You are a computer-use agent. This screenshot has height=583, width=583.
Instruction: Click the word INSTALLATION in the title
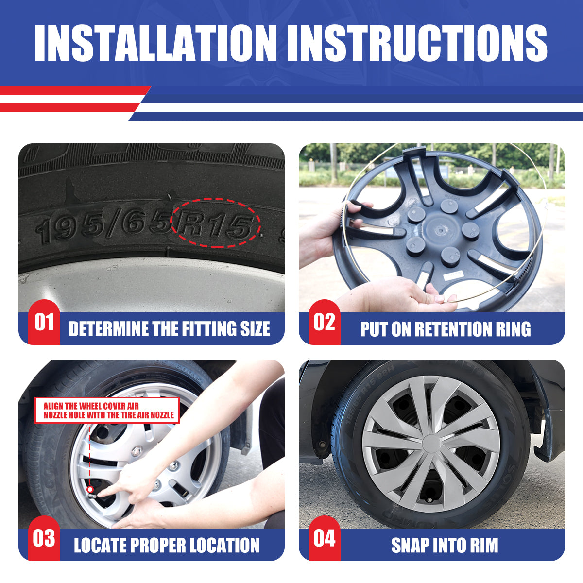[x=155, y=43]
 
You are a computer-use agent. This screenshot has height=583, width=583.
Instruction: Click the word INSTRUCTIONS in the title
[x=417, y=43]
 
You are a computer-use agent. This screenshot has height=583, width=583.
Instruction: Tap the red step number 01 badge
[x=44, y=322]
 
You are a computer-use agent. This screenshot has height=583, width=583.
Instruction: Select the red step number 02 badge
[x=325, y=322]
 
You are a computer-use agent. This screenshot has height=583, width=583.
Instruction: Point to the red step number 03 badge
[x=44, y=538]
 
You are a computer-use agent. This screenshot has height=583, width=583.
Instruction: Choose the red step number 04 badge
[x=325, y=538]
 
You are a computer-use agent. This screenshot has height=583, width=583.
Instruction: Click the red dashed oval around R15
[x=216, y=199]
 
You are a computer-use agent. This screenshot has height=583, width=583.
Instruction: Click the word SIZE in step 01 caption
[x=255, y=328]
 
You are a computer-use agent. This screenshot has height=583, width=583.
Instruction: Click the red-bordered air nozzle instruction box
[x=107, y=410]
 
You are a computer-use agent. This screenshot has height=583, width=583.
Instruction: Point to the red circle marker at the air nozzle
[x=90, y=489]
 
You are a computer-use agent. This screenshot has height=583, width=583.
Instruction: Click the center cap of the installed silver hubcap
[x=430, y=444]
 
